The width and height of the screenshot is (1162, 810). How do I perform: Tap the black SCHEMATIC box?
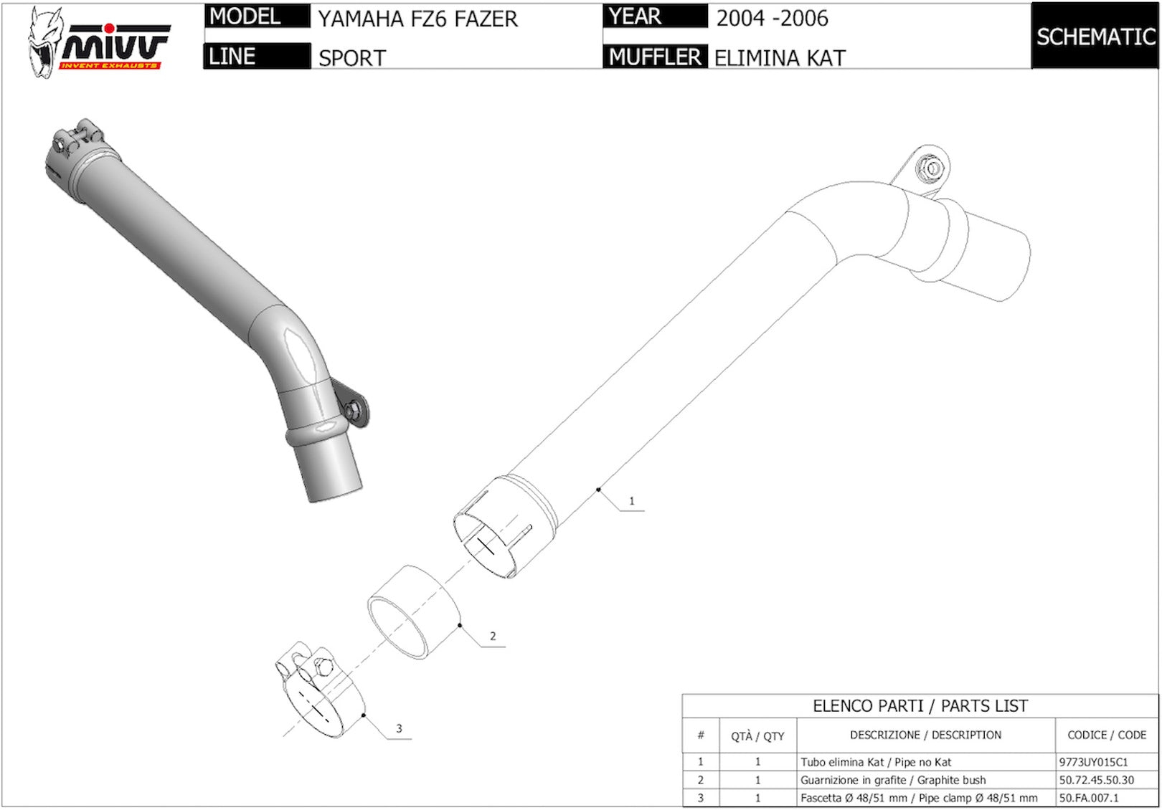click(1095, 36)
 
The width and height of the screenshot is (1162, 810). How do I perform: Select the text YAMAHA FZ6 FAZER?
click(417, 19)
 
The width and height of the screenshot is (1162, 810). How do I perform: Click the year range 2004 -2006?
click(772, 19)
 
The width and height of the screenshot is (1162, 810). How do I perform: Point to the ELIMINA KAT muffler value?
click(780, 57)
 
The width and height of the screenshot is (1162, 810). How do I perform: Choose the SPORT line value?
click(352, 58)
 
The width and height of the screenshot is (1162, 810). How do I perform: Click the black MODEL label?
click(258, 16)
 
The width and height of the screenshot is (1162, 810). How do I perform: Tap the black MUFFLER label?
click(655, 57)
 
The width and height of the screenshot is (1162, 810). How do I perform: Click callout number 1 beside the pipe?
click(631, 501)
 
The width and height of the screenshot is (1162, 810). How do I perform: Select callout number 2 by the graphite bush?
click(492, 636)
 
